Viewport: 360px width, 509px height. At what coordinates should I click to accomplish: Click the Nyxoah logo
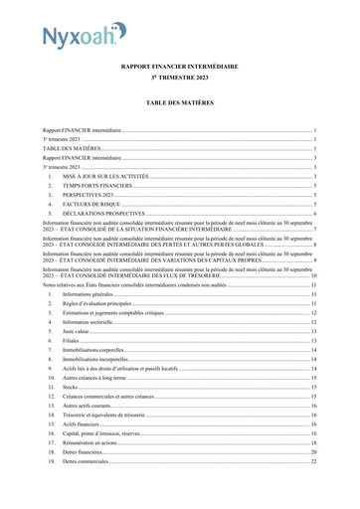(85, 39)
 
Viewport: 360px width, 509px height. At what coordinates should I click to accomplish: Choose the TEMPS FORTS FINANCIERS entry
(96, 186)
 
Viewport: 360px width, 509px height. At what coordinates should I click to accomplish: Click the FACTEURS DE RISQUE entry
(92, 204)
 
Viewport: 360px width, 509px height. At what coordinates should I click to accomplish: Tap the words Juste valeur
(76, 331)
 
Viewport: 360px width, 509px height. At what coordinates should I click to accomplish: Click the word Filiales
(71, 341)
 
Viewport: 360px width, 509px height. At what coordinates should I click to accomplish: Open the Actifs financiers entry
(83, 424)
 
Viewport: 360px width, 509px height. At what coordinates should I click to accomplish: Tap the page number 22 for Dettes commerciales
(313, 461)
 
